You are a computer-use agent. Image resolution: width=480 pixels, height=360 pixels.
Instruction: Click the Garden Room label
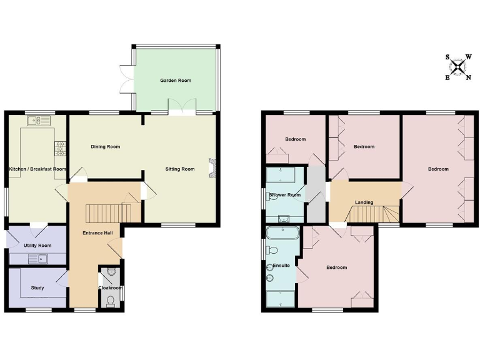175,81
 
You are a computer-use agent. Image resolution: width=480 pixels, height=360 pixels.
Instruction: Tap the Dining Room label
105,147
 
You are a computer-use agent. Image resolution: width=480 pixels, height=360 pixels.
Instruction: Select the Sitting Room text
180,169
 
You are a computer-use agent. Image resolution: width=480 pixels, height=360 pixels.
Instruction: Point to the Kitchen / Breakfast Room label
37,169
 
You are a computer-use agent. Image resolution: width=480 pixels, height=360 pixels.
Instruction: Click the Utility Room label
37,246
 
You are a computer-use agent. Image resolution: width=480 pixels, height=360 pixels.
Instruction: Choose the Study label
37,288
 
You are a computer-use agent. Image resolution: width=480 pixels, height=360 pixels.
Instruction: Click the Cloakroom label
111,288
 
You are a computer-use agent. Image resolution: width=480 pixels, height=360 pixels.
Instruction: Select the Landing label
364,202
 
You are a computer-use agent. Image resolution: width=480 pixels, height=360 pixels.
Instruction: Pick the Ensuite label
281,266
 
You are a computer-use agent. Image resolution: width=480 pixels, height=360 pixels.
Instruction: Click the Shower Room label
285,195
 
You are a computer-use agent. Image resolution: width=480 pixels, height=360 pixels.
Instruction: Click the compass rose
459,67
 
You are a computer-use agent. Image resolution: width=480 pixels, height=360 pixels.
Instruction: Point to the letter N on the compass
469,77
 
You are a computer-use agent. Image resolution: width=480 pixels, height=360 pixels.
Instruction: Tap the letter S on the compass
447,57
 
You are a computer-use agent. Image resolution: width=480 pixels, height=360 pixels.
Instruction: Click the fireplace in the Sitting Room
212,168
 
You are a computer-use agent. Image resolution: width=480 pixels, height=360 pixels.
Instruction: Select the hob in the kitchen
61,148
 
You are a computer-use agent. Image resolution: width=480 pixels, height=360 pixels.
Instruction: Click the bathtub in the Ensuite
282,234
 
